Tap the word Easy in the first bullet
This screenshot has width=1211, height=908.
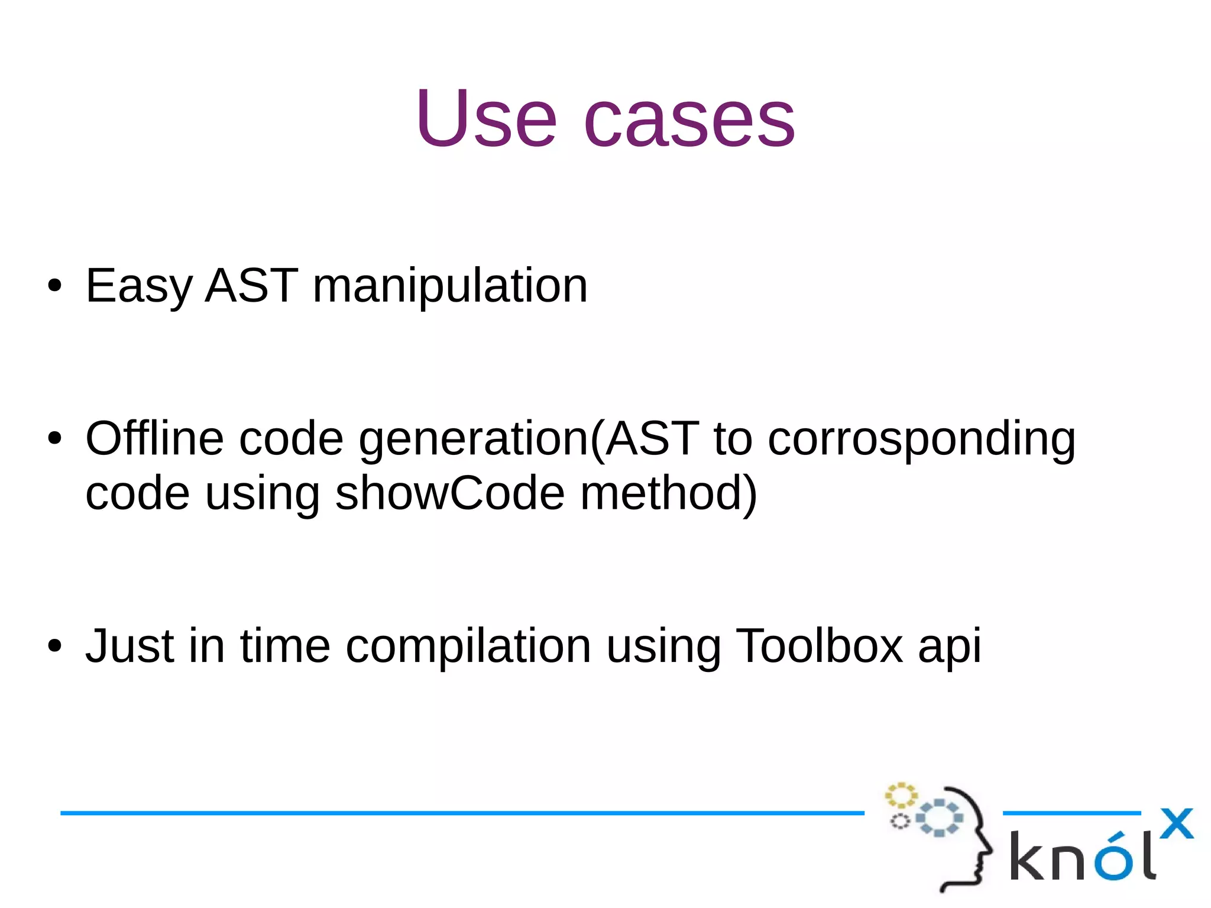pos(139,286)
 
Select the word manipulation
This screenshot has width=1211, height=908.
pos(450,286)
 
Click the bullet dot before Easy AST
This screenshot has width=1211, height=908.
pos(54,286)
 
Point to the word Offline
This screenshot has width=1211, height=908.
pos(154,439)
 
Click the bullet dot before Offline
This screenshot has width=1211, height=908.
pos(54,439)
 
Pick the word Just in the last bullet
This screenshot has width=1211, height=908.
pos(130,645)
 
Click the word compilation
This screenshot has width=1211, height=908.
pos(468,647)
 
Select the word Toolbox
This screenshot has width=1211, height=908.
pos(819,645)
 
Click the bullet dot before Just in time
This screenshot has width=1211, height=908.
pos(54,646)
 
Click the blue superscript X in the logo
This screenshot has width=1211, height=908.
pos(1176,823)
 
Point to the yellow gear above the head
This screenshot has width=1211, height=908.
pos(901,796)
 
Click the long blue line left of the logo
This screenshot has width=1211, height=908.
pos(461,813)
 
